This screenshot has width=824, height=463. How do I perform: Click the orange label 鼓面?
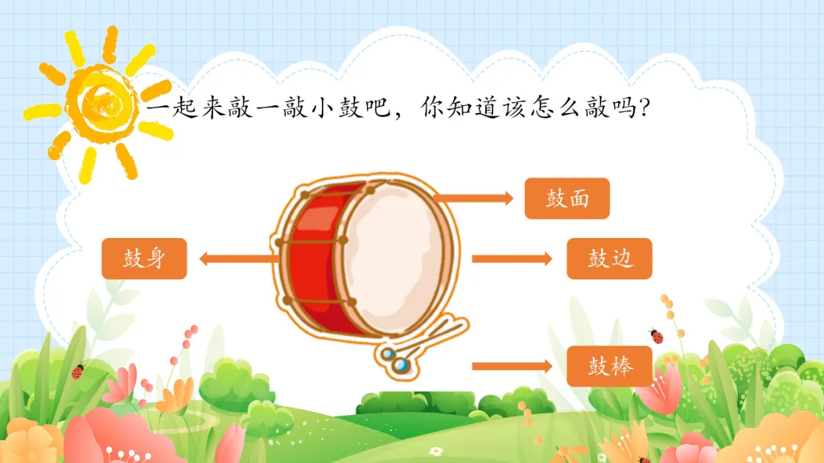coord(567,198)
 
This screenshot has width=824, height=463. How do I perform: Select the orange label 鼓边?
coord(610,258)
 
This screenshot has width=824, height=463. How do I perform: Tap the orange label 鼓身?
coord(144,258)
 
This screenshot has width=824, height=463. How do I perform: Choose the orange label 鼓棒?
coord(610,365)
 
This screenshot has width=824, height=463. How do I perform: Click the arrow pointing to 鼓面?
coord(473,198)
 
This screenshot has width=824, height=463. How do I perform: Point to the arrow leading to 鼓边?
coord(511,259)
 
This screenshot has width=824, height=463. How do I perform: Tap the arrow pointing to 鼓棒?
coord(511,366)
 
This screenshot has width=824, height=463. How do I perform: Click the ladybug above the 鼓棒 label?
coord(656,336)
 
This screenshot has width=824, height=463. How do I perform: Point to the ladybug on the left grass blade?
coord(77,371)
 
